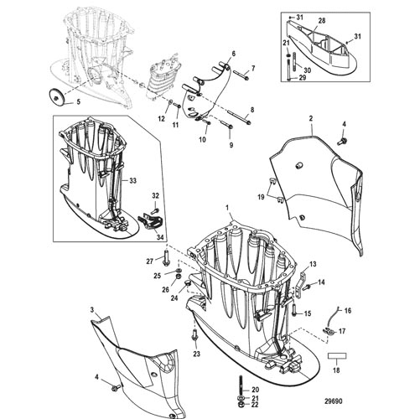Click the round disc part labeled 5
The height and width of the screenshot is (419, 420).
tap(57, 96)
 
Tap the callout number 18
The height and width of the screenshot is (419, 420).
tap(336, 370)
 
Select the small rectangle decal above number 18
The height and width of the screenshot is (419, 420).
tap(337, 356)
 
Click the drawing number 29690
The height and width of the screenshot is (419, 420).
tap(333, 401)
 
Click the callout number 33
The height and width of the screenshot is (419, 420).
tap(132, 181)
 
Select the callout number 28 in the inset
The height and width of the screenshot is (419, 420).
tap(322, 21)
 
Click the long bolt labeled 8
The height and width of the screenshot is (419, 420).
tap(239, 117)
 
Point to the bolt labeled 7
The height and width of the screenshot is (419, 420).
tap(241, 75)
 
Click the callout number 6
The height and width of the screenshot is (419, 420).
tap(234, 54)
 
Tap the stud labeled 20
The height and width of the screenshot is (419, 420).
tap(241, 385)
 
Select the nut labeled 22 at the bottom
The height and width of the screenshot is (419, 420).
tap(240, 405)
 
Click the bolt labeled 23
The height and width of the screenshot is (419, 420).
tap(195, 334)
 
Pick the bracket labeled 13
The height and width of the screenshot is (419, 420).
tap(301, 282)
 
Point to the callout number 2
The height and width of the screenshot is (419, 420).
tap(311, 119)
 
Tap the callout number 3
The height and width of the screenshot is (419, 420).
tap(92, 310)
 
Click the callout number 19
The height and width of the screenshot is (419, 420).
tap(261, 197)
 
